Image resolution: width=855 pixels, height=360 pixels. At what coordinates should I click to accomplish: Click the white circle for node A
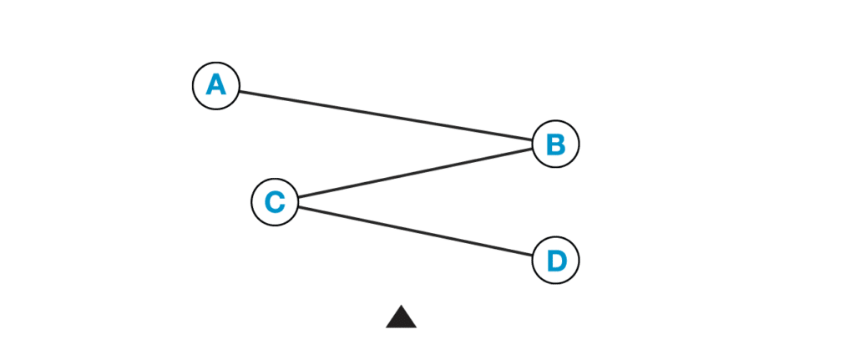(x=216, y=85)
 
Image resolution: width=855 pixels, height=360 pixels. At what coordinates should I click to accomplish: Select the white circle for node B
(x=555, y=145)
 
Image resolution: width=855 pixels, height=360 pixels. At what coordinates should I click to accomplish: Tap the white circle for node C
(x=275, y=202)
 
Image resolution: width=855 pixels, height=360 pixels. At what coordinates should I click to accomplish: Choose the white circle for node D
(x=555, y=261)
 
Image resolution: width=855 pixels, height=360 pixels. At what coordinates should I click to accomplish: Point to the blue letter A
(x=216, y=85)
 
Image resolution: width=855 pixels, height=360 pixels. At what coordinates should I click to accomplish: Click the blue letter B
(x=555, y=145)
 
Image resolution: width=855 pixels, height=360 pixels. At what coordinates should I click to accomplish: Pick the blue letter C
(x=275, y=202)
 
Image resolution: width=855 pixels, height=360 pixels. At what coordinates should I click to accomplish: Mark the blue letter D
(x=555, y=261)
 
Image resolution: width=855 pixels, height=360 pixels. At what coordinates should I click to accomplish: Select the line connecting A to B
(x=386, y=115)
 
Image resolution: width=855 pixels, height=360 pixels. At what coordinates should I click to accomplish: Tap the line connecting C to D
(x=415, y=231)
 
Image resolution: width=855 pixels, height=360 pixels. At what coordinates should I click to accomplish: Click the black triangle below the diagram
(x=401, y=319)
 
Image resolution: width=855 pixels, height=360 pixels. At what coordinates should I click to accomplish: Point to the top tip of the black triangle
(x=401, y=305)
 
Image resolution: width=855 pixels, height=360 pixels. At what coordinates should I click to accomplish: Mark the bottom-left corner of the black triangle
(x=386, y=327)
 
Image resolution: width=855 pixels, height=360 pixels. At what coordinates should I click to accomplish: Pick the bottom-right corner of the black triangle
(x=417, y=327)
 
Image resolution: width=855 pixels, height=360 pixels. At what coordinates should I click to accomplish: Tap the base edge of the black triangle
(x=401, y=327)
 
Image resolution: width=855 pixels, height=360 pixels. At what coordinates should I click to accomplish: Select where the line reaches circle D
(x=533, y=256)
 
